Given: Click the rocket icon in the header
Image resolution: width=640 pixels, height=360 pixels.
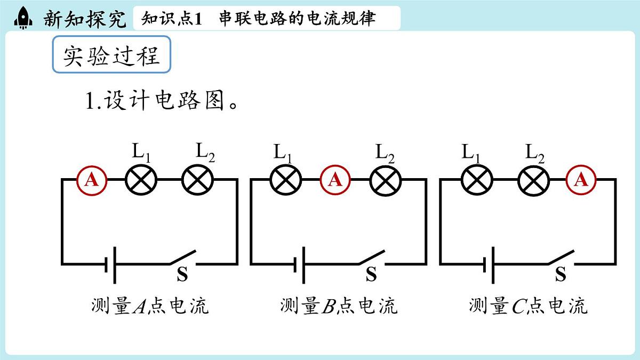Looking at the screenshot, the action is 23,18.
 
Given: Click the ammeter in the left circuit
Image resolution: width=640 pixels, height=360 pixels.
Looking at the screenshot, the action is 92,180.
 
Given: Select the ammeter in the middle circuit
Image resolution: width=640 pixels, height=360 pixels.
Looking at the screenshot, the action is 335,180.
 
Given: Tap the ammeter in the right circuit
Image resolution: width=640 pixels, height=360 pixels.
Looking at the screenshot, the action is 581,180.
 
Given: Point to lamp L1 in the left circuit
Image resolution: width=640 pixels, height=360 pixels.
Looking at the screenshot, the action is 141,180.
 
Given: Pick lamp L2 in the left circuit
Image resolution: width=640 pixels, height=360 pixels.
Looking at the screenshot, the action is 198,180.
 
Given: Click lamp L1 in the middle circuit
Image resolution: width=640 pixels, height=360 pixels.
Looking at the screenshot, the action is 286,180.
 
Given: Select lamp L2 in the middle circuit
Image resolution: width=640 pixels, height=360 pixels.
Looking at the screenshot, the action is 386,180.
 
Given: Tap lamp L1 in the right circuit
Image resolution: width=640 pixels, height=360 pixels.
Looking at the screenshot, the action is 477,180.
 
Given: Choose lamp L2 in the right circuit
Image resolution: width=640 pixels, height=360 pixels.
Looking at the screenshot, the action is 533,180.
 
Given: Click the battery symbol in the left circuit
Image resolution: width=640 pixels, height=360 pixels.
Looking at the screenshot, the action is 110,265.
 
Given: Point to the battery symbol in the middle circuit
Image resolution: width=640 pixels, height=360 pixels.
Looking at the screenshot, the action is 299,265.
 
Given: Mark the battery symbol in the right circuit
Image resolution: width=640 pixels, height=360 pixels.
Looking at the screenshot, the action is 489,265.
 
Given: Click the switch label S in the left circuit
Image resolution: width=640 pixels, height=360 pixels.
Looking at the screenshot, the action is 182,274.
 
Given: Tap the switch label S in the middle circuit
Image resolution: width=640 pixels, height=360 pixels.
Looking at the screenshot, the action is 371,274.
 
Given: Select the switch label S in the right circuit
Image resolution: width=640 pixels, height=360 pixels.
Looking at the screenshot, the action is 561,274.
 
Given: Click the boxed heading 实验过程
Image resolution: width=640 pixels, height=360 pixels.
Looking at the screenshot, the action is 111,54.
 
